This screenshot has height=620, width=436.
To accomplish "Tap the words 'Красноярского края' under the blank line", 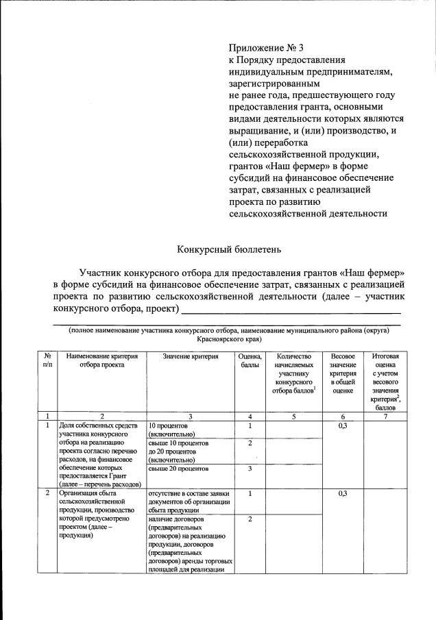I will tap(228, 339).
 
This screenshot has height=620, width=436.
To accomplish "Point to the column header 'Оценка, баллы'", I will tap(250, 360).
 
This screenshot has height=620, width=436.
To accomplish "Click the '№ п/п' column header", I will tap(47, 360).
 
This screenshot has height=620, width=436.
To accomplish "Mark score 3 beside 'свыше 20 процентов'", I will tap(250, 469).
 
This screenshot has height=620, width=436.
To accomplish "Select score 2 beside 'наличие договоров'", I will tap(250, 519).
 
